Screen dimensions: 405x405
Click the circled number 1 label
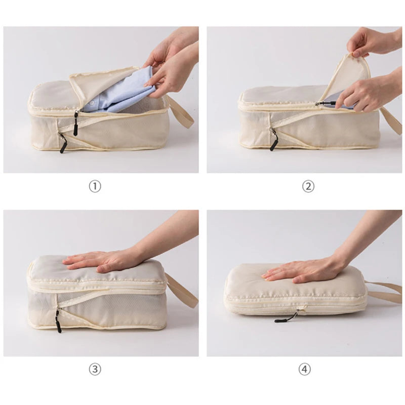point(95,186)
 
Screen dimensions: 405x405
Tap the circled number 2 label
point(308,186)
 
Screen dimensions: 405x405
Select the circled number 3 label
point(95,370)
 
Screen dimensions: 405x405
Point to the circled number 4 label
point(304,370)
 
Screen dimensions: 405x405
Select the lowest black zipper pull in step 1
point(62,144)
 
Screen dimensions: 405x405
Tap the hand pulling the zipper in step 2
point(362,94)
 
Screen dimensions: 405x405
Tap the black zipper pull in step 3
point(58,321)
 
